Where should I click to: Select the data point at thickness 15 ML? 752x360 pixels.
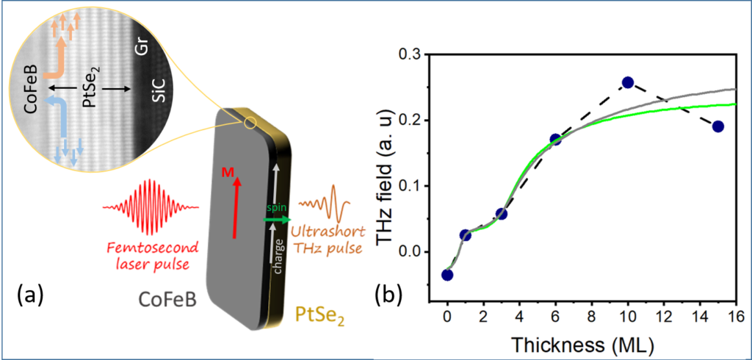pos(718,126)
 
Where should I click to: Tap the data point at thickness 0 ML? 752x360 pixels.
pos(447,275)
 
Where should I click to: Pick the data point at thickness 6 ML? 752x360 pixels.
pos(555,140)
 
